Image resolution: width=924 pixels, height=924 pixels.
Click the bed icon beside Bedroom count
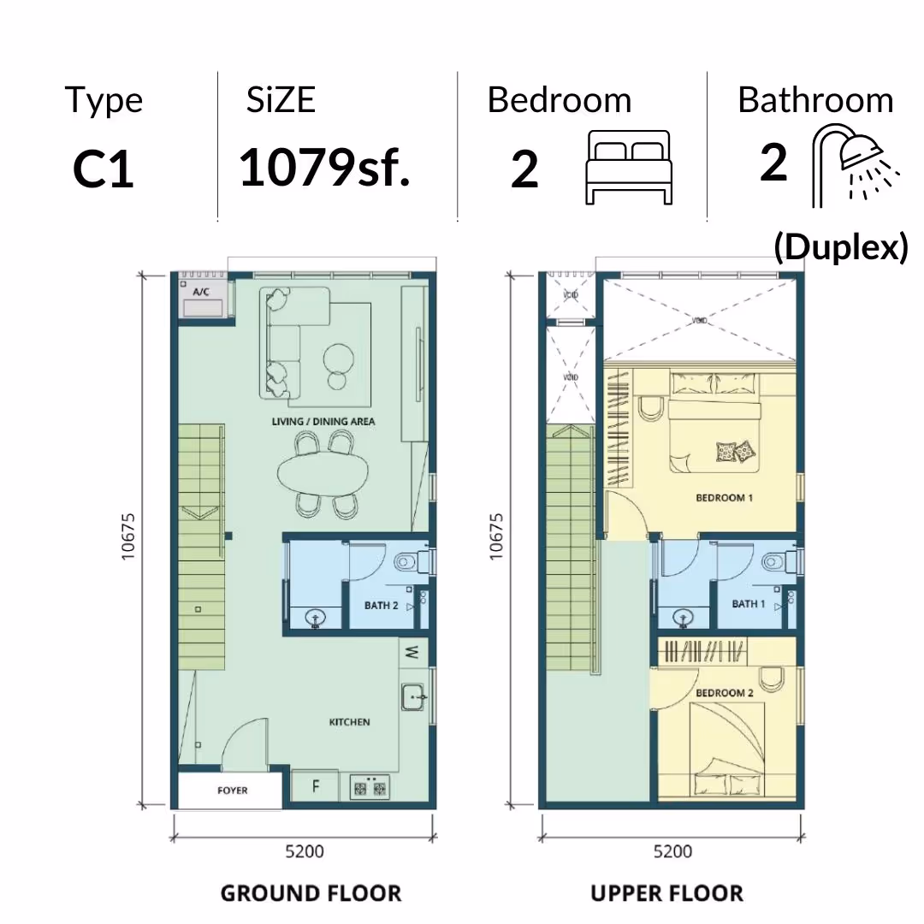click(x=629, y=168)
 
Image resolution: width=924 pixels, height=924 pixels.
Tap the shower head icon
click(x=856, y=165)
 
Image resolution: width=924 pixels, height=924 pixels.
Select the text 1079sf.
click(x=324, y=168)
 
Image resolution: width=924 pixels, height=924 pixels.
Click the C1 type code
click(x=104, y=169)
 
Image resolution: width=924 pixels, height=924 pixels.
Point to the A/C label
click(x=201, y=292)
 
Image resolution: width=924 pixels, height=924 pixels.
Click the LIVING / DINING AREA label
click(x=323, y=421)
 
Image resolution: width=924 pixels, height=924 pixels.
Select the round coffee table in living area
click(x=339, y=358)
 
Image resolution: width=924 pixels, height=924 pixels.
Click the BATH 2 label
click(x=382, y=605)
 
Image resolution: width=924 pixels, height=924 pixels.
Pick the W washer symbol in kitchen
click(x=412, y=652)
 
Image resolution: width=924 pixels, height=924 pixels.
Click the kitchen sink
click(x=413, y=697)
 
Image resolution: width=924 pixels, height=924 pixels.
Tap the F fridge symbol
click(x=316, y=786)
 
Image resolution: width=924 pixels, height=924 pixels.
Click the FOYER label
click(x=232, y=791)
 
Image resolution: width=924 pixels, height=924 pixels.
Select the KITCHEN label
click(x=349, y=722)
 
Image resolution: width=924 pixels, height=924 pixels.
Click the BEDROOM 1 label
click(x=725, y=498)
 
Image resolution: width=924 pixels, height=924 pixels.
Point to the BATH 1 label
click(x=749, y=604)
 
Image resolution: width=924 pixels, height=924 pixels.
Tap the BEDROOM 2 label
click(x=725, y=693)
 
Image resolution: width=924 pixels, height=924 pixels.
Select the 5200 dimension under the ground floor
click(x=304, y=851)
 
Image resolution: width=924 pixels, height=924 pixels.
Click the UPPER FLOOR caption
click(x=666, y=893)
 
